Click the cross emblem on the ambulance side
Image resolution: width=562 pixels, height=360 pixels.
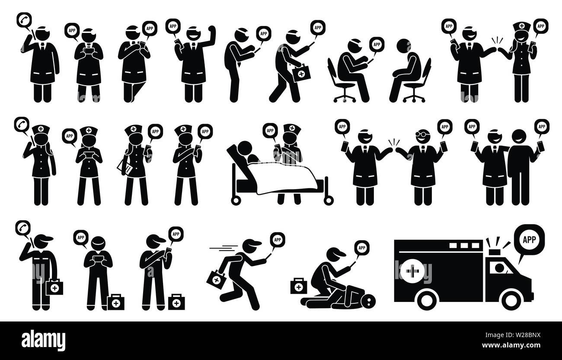tap(412, 271)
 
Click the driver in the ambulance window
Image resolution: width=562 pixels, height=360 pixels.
tap(499, 268)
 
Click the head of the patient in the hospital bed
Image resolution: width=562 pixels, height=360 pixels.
tap(245, 148)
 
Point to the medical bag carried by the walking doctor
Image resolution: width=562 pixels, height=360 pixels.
tap(301, 73)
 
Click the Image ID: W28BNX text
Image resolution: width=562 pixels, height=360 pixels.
tap(513, 335)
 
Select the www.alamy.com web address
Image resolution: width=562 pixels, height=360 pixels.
tap(511, 345)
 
